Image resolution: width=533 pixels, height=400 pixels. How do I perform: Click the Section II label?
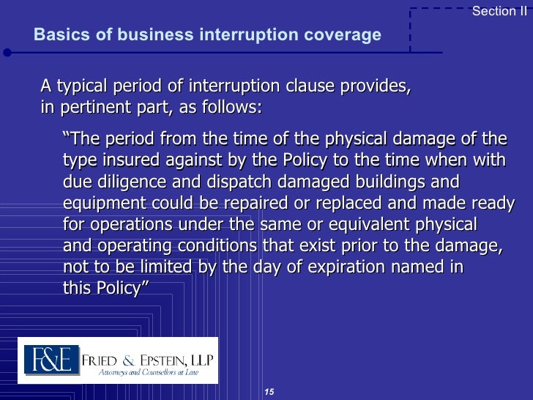(499, 11)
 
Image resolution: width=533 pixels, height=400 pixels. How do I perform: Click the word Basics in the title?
(59, 35)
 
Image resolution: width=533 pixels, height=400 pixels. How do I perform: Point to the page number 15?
(269, 392)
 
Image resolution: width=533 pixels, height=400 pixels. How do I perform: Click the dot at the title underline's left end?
(7, 53)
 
